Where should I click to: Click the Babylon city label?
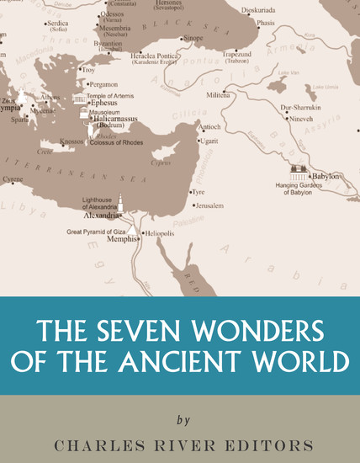(326, 176)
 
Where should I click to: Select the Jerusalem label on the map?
(210, 205)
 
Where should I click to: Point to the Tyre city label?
(199, 192)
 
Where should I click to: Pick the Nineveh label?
(299, 120)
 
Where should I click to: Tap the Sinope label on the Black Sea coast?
(193, 39)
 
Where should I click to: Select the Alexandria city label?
(100, 215)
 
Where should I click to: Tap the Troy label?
(88, 70)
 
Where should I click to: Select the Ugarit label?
(209, 141)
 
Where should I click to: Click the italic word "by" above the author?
(183, 420)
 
